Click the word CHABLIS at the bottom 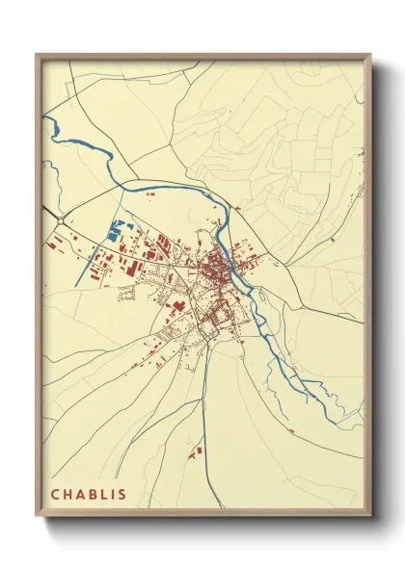coord(88,495)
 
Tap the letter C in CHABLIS coord(56,495)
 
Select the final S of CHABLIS coord(121,495)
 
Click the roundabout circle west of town coord(61,221)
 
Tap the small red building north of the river coord(149,195)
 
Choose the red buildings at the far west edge coord(48,246)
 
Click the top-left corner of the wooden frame coord(38,56)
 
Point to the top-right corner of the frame coord(369,56)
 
